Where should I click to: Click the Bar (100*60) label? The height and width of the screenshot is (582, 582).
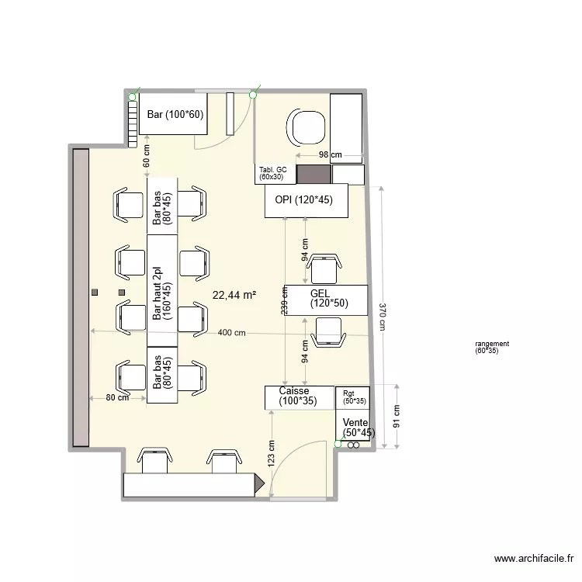(174, 115)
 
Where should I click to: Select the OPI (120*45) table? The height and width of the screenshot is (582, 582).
(303, 200)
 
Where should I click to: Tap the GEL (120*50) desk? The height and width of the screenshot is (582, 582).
(326, 299)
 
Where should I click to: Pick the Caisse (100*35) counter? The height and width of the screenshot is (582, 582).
(298, 397)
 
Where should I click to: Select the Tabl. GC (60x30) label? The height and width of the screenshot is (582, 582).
(272, 174)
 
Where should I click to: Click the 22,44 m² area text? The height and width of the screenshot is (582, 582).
(234, 295)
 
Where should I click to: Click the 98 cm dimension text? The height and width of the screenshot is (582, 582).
(330, 155)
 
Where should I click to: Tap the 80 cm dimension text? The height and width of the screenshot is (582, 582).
(117, 398)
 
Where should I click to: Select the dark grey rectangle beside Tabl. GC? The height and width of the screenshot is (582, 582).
(314, 175)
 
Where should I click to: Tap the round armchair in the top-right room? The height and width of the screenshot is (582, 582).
(307, 127)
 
